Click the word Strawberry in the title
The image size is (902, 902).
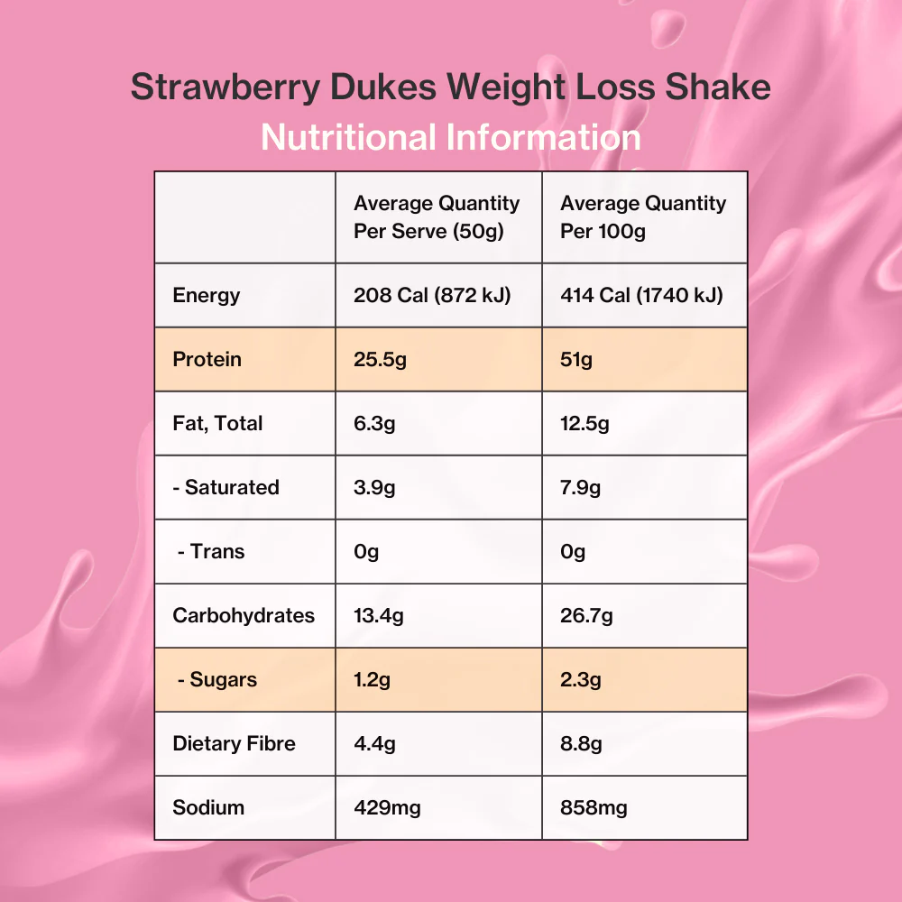pos(225,87)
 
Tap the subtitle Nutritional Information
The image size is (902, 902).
pos(451,137)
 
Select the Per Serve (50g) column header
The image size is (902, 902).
pos(437,216)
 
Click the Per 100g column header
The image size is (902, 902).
pos(643,216)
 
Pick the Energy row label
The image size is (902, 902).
pos(207,296)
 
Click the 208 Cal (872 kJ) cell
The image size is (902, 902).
pos(432,295)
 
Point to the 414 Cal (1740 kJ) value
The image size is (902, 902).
pos(641,295)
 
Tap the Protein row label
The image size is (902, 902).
pos(207,359)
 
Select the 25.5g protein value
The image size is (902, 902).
pos(381,360)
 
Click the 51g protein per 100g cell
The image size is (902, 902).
pos(576,360)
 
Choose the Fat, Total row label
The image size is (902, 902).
pos(217,423)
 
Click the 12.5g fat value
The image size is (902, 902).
pos(584,424)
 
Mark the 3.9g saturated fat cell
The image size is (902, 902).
pos(374,488)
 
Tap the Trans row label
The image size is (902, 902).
pos(211,551)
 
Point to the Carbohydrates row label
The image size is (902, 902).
pos(244,615)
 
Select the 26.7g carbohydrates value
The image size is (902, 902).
pos(587,616)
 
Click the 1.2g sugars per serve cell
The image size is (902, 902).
pos(373,680)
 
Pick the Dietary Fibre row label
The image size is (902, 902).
pos(235,743)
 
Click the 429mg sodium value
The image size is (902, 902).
pos(387,807)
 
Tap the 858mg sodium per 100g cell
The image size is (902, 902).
pos(594,807)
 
